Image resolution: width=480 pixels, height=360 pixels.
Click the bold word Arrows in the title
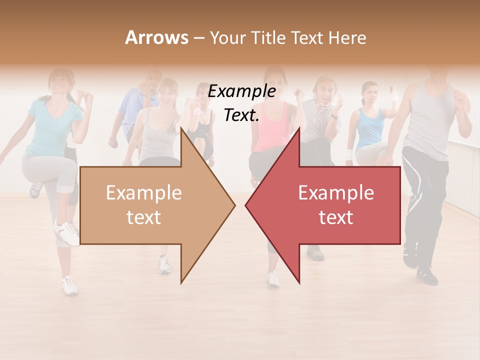click(157, 37)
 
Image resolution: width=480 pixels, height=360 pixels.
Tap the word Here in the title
click(347, 37)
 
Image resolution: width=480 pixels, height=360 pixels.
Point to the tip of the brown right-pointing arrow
click(234, 204)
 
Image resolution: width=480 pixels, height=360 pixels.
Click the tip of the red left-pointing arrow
click(246, 204)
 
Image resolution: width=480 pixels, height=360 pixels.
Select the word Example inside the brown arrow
click(144, 192)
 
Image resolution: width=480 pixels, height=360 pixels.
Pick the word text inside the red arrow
click(336, 217)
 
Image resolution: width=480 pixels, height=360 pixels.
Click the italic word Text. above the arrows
click(241, 115)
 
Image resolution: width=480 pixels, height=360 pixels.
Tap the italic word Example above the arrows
click(241, 91)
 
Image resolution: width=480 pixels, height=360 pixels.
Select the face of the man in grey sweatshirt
click(324, 91)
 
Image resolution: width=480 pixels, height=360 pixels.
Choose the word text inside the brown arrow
click(144, 217)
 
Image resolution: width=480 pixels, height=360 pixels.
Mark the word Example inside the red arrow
click(336, 192)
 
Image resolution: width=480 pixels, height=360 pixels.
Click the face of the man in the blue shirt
click(151, 83)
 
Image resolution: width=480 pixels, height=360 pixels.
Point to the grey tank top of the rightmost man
click(430, 125)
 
